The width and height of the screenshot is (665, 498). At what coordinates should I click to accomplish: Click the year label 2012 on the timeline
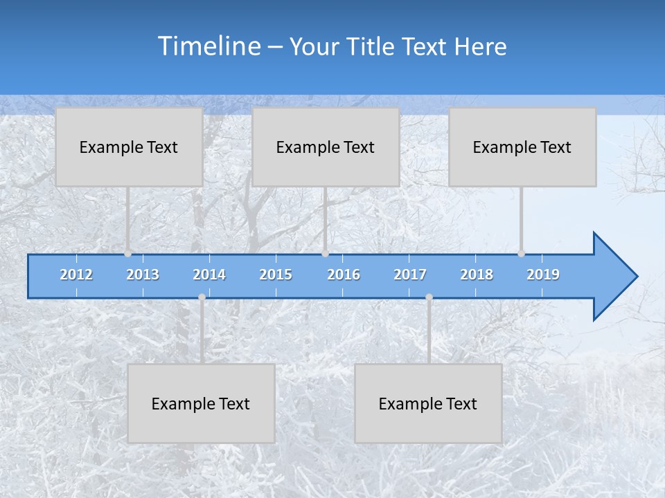tap(76, 275)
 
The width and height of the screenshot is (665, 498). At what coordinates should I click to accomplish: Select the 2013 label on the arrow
tap(143, 275)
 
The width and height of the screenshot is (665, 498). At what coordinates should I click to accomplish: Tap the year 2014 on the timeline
tap(209, 275)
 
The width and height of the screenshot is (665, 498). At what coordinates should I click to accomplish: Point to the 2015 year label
tap(276, 275)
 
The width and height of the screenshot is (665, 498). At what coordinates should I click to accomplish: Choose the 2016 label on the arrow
tap(344, 275)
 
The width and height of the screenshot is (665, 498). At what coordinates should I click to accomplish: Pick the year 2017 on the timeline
tap(410, 275)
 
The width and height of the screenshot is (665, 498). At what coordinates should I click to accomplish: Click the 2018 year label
tap(477, 275)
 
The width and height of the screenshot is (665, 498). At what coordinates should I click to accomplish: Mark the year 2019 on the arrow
tap(543, 275)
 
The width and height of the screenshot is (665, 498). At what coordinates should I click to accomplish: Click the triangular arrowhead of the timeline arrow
tap(614, 277)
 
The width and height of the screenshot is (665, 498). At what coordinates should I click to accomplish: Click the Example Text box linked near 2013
tap(129, 147)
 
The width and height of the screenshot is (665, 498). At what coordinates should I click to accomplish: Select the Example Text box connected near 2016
tap(326, 147)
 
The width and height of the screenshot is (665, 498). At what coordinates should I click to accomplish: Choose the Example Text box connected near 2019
tap(522, 147)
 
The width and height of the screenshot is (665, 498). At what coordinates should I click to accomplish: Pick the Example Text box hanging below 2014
tap(201, 403)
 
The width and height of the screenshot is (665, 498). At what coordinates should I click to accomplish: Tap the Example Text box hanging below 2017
tap(428, 403)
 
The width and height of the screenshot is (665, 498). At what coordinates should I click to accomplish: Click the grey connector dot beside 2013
tap(127, 253)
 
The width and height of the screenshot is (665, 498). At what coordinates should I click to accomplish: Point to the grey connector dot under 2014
tap(202, 297)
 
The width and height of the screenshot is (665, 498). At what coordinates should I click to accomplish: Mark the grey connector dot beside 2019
tap(521, 253)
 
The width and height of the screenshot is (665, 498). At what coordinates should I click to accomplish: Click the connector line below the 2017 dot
tap(429, 332)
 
